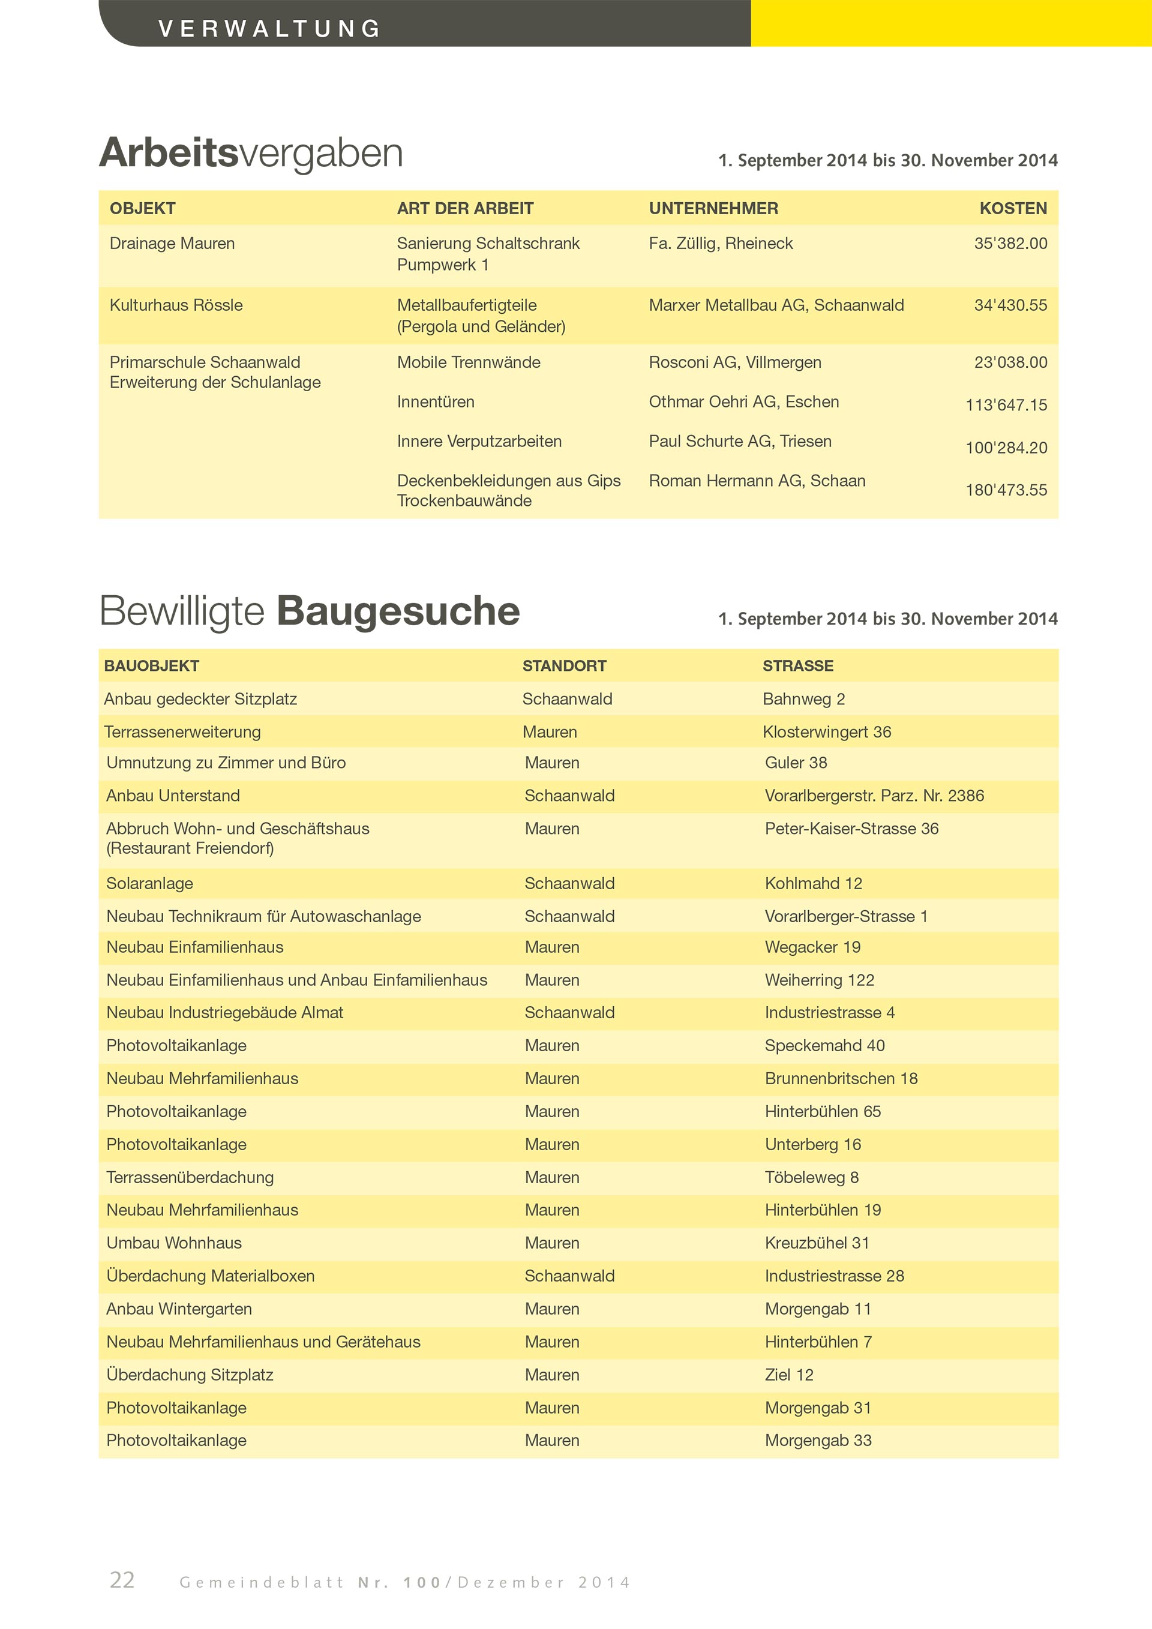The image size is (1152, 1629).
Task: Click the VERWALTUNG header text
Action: click(269, 28)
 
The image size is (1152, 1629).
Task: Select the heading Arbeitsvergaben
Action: click(251, 152)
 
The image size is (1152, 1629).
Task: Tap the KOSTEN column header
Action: click(1012, 209)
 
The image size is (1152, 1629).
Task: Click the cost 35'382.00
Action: click(1010, 244)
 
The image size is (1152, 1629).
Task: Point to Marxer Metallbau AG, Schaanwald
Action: click(776, 305)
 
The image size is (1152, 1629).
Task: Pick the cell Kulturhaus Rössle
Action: click(176, 305)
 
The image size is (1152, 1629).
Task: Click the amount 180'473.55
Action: click(1006, 490)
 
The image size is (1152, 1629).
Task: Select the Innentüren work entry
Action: click(436, 401)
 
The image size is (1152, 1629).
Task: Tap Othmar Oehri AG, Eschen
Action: click(743, 401)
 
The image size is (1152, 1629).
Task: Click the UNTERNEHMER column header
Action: click(713, 209)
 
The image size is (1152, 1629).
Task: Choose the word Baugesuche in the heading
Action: click(398, 611)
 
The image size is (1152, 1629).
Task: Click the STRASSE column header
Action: click(797, 665)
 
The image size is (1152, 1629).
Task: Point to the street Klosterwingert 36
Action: click(826, 731)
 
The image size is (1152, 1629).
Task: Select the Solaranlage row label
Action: click(149, 883)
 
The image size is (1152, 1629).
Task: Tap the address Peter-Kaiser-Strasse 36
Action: click(851, 828)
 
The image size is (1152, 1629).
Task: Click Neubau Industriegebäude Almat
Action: click(225, 1012)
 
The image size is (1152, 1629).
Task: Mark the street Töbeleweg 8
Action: click(812, 1177)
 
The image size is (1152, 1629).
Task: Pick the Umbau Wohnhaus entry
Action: click(174, 1243)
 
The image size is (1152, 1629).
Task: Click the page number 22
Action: click(122, 1579)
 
